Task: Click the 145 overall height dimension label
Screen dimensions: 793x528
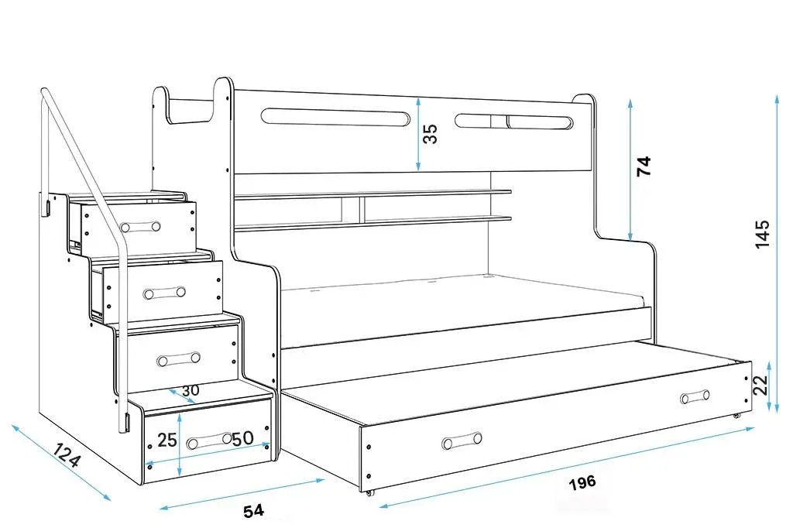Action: (x=762, y=234)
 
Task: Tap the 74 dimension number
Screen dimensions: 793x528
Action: (x=644, y=166)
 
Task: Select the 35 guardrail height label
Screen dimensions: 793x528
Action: (x=429, y=133)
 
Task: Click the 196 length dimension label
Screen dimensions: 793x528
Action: (x=582, y=482)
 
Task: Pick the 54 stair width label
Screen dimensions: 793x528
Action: (x=253, y=511)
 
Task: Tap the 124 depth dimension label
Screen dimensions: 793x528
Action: (x=67, y=454)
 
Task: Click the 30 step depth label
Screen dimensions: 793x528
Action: (x=191, y=390)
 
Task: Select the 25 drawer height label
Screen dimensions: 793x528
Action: (x=167, y=440)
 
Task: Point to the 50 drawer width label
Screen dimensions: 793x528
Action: (x=243, y=438)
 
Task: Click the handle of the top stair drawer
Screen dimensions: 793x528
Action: (x=141, y=227)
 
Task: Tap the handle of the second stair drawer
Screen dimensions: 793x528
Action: (x=164, y=293)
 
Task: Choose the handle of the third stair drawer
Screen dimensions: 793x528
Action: (x=179, y=358)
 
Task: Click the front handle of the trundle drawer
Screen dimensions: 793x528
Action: (x=462, y=441)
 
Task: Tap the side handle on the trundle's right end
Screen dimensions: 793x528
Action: (x=695, y=396)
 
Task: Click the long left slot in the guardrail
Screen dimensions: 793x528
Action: (x=335, y=117)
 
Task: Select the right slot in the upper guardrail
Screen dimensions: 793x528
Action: (x=514, y=121)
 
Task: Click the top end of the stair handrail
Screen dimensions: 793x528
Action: (x=45, y=92)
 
